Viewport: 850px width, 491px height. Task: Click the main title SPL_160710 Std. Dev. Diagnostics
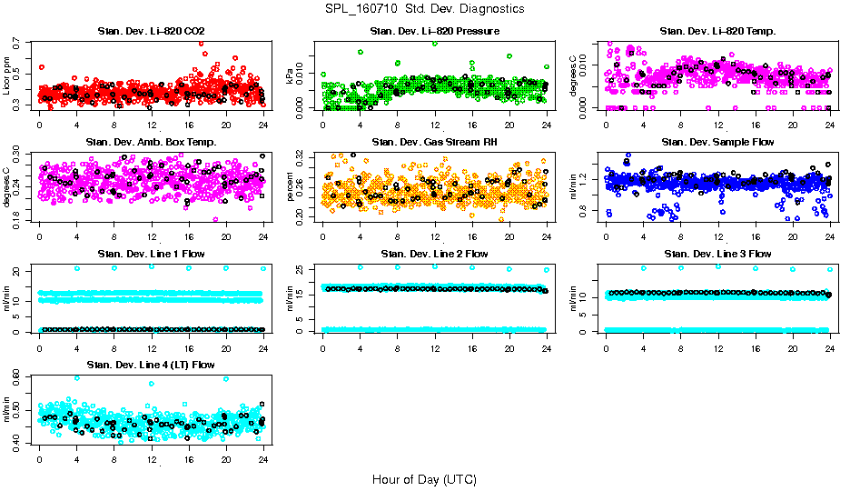coord(424,8)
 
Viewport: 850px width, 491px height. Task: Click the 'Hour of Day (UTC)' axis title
coord(424,478)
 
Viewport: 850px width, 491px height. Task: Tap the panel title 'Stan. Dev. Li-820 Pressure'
coord(434,32)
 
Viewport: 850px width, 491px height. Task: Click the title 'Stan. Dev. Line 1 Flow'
coord(151,254)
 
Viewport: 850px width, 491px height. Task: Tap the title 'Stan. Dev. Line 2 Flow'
coord(434,254)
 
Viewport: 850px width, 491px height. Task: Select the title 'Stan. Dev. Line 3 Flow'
coord(717,254)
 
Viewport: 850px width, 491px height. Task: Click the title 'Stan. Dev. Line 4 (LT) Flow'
coord(151,365)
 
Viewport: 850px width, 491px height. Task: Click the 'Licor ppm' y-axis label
coord(8,75)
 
